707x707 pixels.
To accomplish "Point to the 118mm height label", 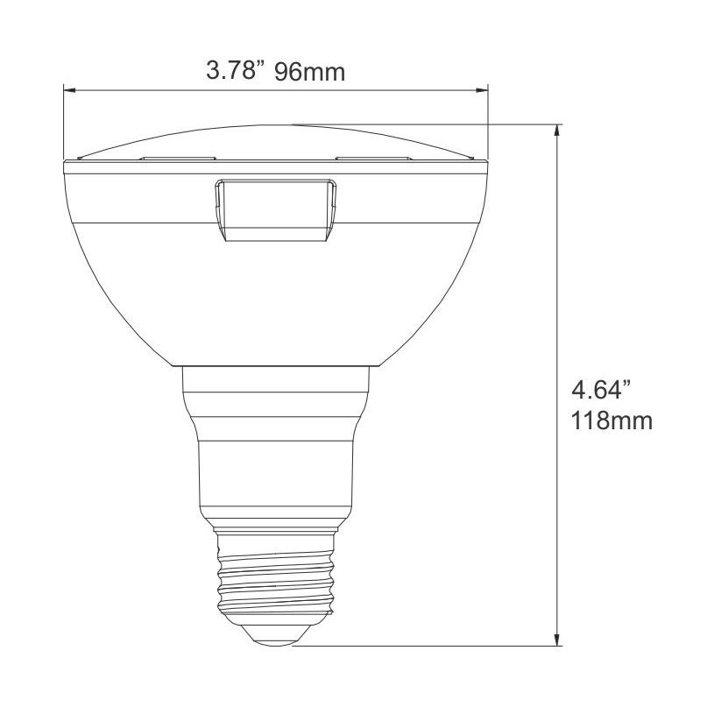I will click(612, 421).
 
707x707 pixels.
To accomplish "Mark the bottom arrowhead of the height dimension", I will click(558, 639).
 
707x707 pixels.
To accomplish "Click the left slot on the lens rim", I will click(178, 159).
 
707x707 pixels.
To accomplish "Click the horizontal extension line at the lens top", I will click(438, 124).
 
